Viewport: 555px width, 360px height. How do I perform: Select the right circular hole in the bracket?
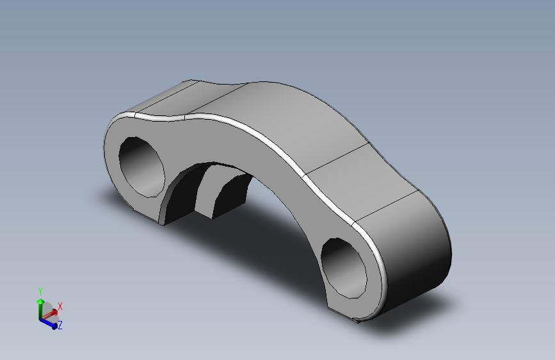343,268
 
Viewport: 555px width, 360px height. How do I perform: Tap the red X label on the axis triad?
60,306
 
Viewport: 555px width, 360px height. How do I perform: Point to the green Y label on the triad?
40,291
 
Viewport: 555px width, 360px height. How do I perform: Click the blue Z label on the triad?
60,325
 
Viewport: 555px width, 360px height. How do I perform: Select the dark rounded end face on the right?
419,256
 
